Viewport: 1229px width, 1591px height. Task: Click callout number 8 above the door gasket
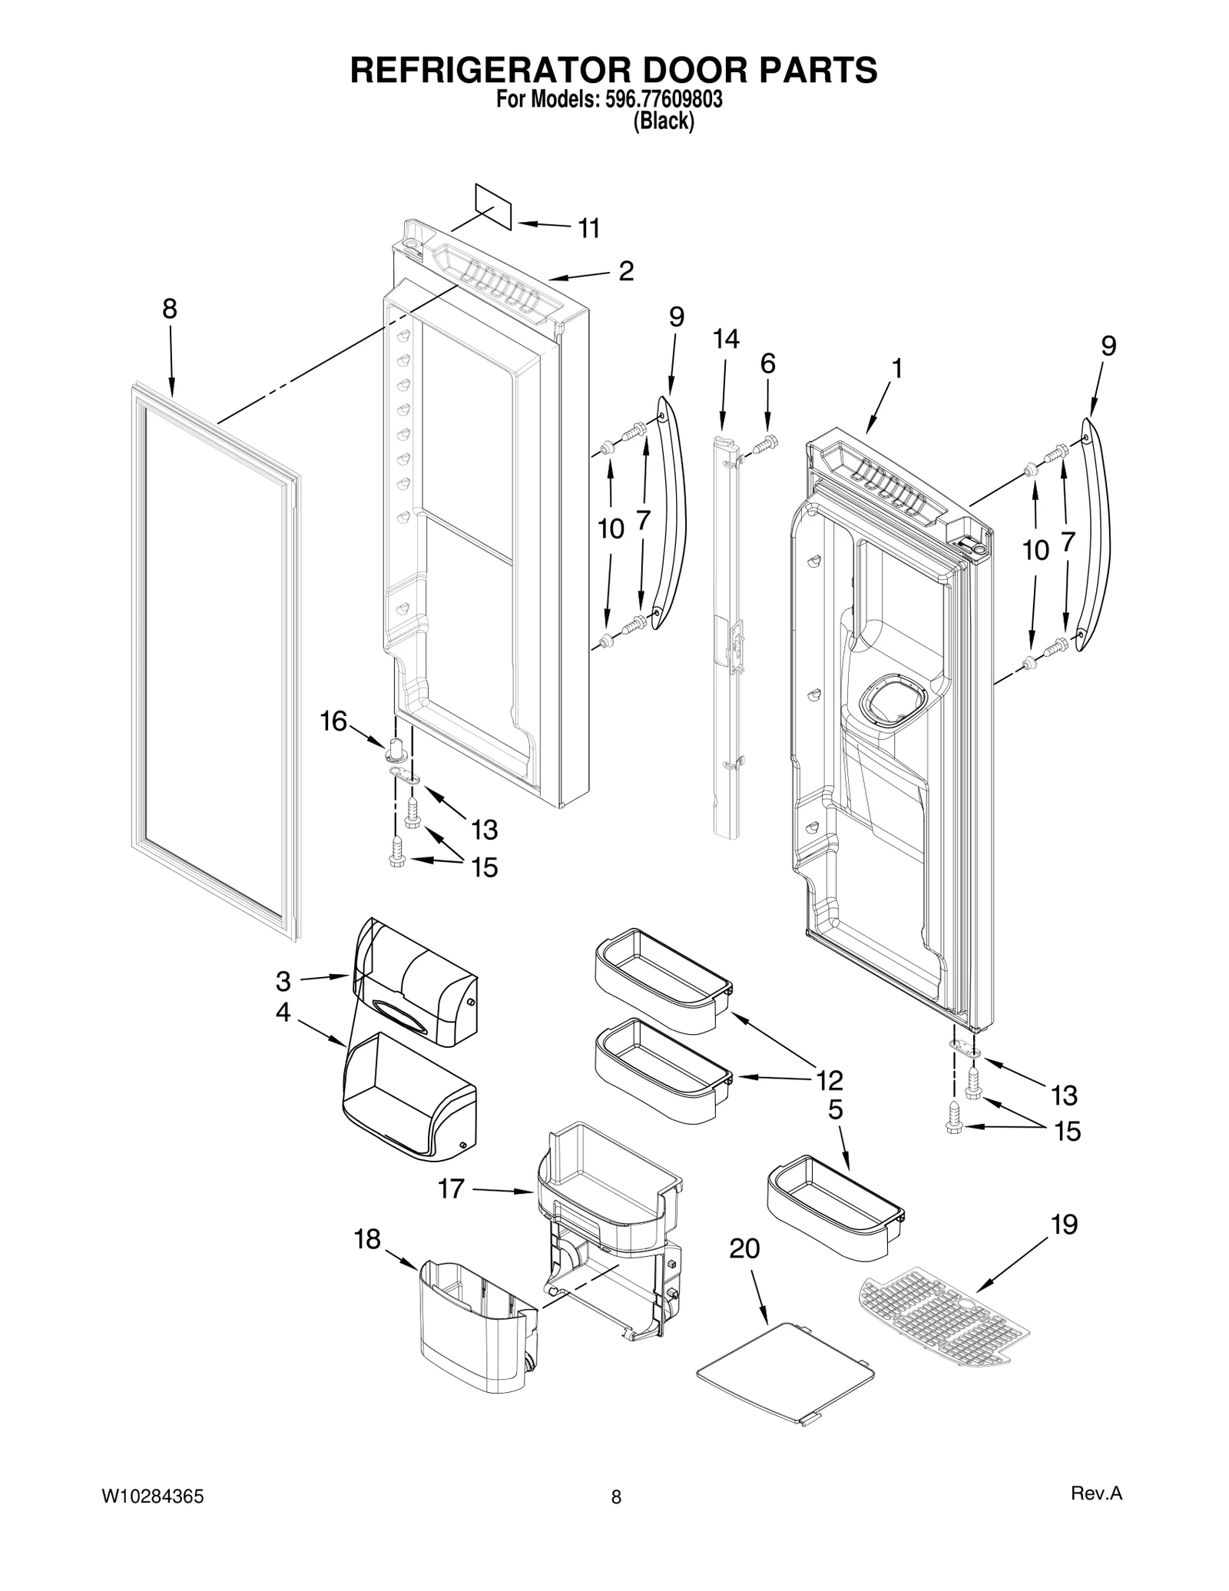click(x=169, y=309)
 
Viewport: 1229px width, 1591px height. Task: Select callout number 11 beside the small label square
click(x=588, y=228)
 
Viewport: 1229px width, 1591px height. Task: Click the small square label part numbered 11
click(x=493, y=206)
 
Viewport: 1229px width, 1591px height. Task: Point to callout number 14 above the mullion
click(x=725, y=339)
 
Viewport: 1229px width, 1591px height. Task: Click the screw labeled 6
click(x=766, y=442)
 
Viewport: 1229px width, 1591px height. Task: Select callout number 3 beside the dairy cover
click(x=283, y=981)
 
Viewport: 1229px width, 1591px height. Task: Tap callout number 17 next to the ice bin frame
click(x=451, y=1188)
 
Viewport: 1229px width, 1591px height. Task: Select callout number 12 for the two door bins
click(x=830, y=1080)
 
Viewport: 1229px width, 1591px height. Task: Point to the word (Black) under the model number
click(x=663, y=121)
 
